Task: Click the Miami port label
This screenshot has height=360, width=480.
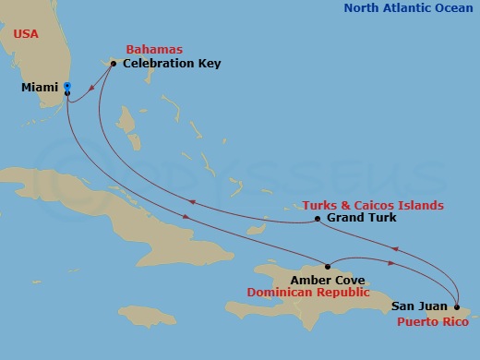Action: pos(40,89)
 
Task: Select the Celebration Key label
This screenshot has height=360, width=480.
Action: pos(171,64)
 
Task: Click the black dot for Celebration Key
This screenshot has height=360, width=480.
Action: pos(113,64)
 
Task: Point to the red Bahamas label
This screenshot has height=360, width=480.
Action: pos(154,48)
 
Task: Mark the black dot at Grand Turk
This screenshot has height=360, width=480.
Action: pos(318,219)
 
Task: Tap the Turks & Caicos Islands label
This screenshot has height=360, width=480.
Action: pos(373,205)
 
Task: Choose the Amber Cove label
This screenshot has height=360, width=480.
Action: pos(327,280)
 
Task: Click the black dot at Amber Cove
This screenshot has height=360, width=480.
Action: pos(327,267)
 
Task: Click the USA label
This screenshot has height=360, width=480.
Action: pos(27,33)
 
